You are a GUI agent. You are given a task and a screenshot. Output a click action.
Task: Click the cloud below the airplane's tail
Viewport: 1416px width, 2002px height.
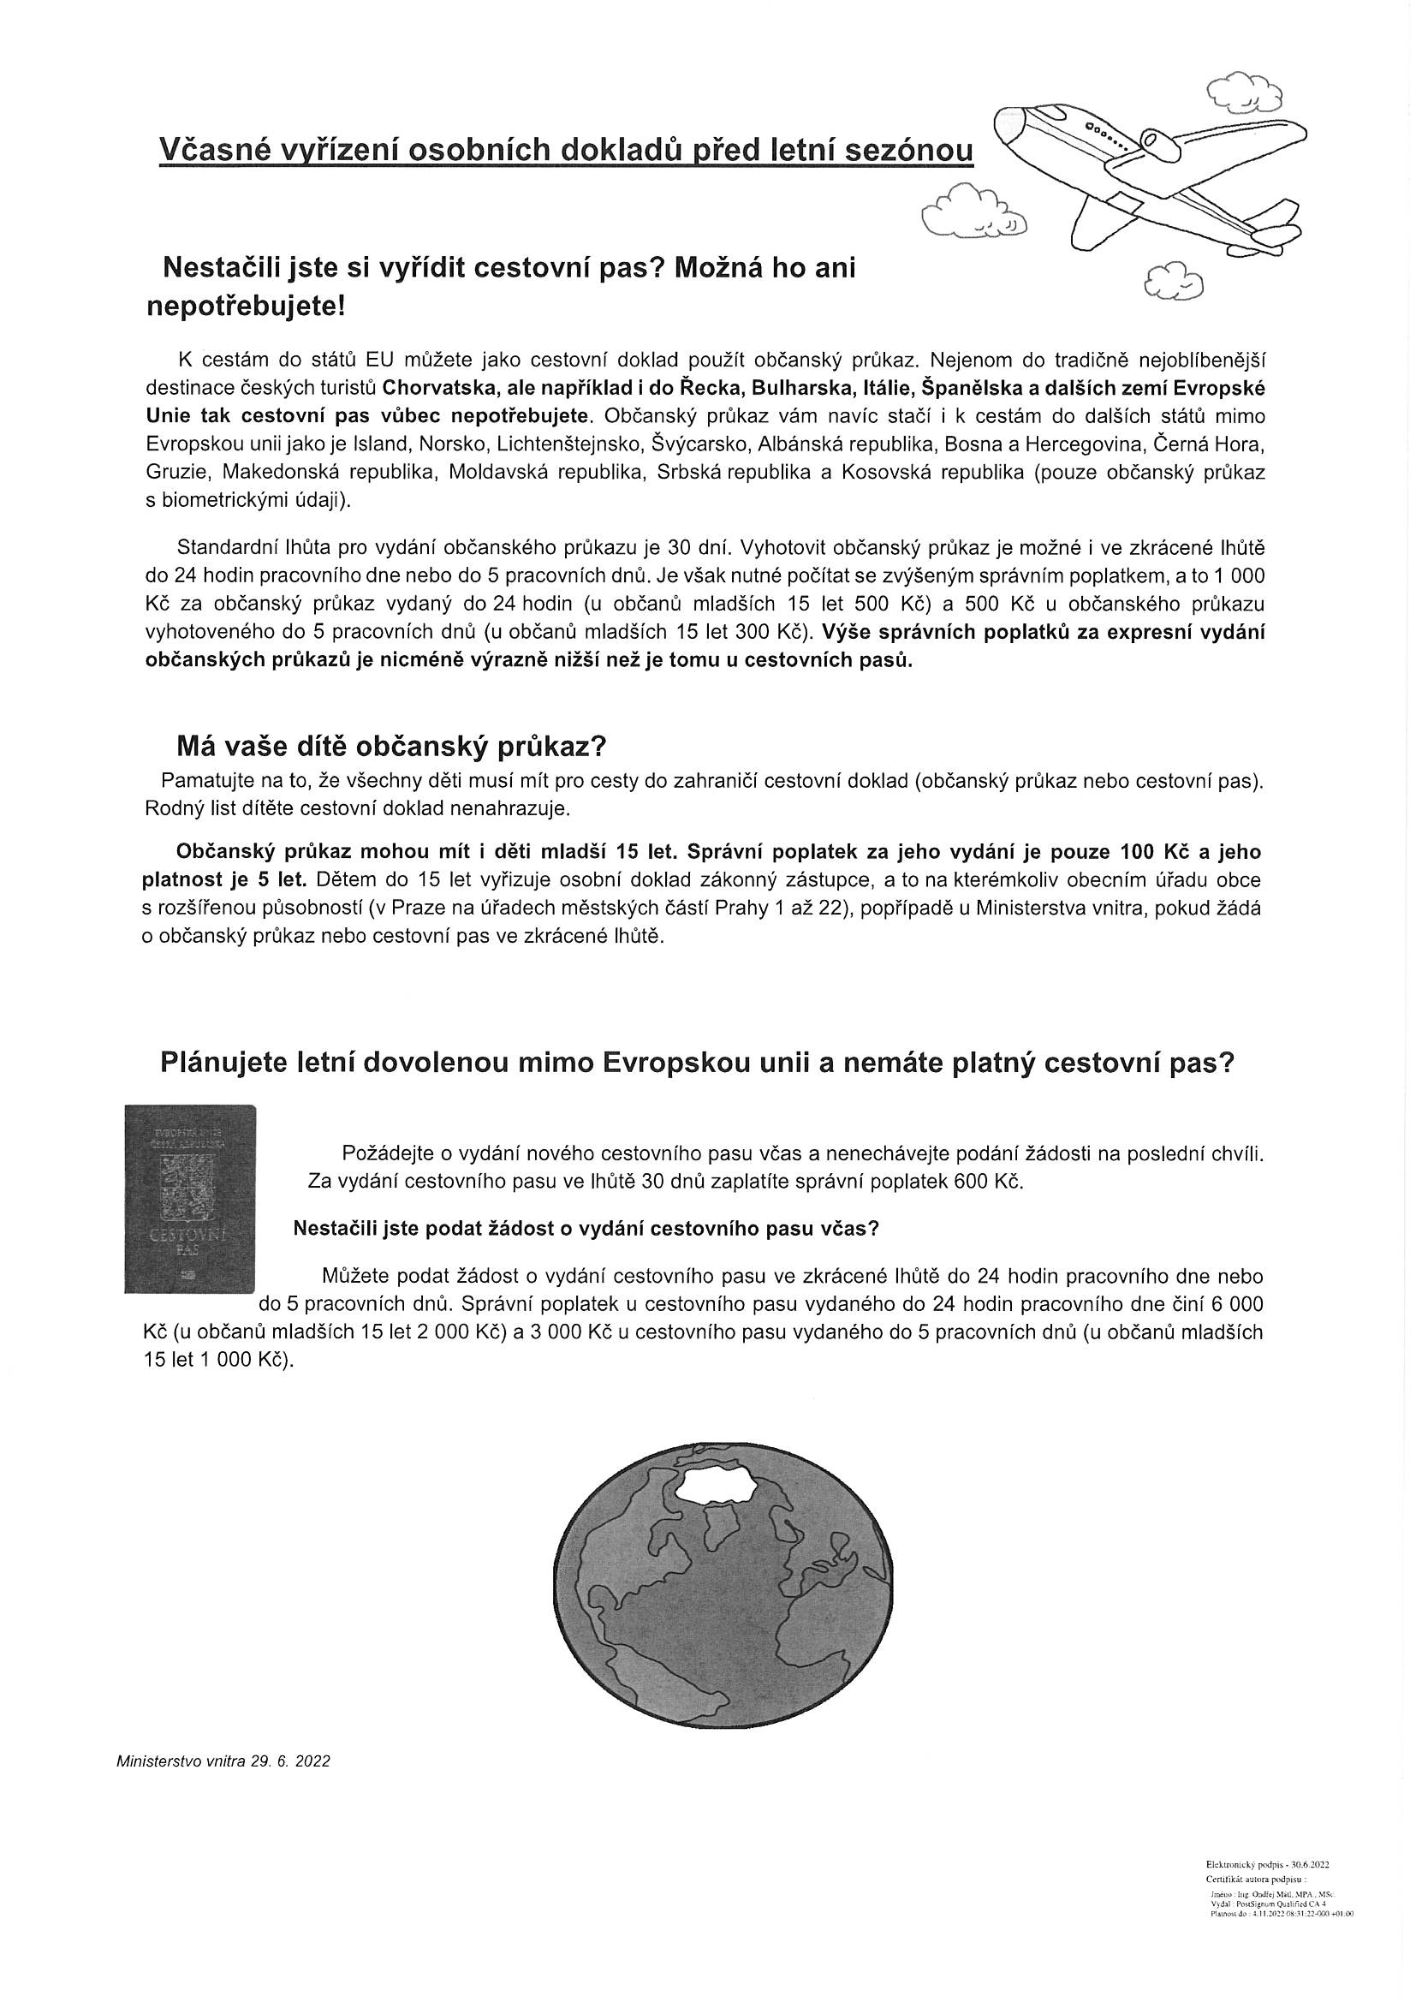[1174, 281]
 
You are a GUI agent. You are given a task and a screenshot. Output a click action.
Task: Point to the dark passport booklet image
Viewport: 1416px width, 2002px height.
[190, 1199]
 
